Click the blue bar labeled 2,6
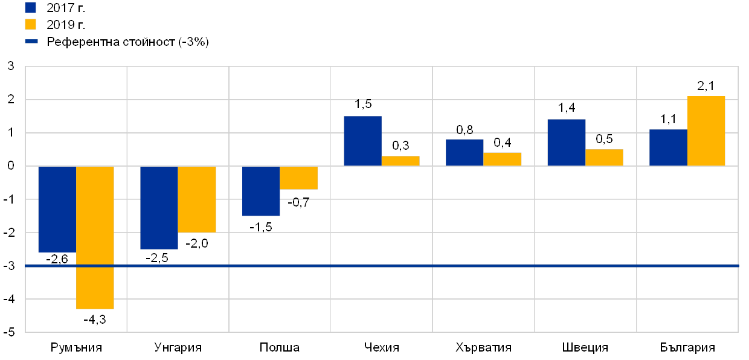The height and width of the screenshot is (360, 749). pos(57,209)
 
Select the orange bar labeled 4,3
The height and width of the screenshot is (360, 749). pos(95,237)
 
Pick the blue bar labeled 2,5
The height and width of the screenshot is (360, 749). pos(159,207)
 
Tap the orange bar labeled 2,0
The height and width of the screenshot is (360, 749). pos(197,199)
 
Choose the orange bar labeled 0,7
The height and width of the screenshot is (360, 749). pos(298,178)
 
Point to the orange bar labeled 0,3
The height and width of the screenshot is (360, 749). pos(400,161)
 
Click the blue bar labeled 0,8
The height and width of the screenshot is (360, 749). pos(465,152)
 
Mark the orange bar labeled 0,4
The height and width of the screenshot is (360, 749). pos(503,159)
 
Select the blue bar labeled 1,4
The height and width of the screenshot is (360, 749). pos(566,143)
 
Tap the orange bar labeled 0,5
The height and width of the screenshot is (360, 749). pos(604,158)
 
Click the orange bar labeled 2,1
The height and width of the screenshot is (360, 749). pos(706,131)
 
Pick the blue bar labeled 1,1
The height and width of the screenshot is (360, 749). pos(668,147)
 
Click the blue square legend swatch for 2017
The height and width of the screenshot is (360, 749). pos(30,7)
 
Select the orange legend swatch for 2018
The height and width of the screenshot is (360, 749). pos(30,24)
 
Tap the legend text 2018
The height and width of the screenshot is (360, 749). pos(60,25)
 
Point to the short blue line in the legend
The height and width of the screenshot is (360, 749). pos(31,42)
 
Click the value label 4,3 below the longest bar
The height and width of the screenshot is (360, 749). pos(97,320)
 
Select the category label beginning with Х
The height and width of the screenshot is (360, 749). pos(481,348)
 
